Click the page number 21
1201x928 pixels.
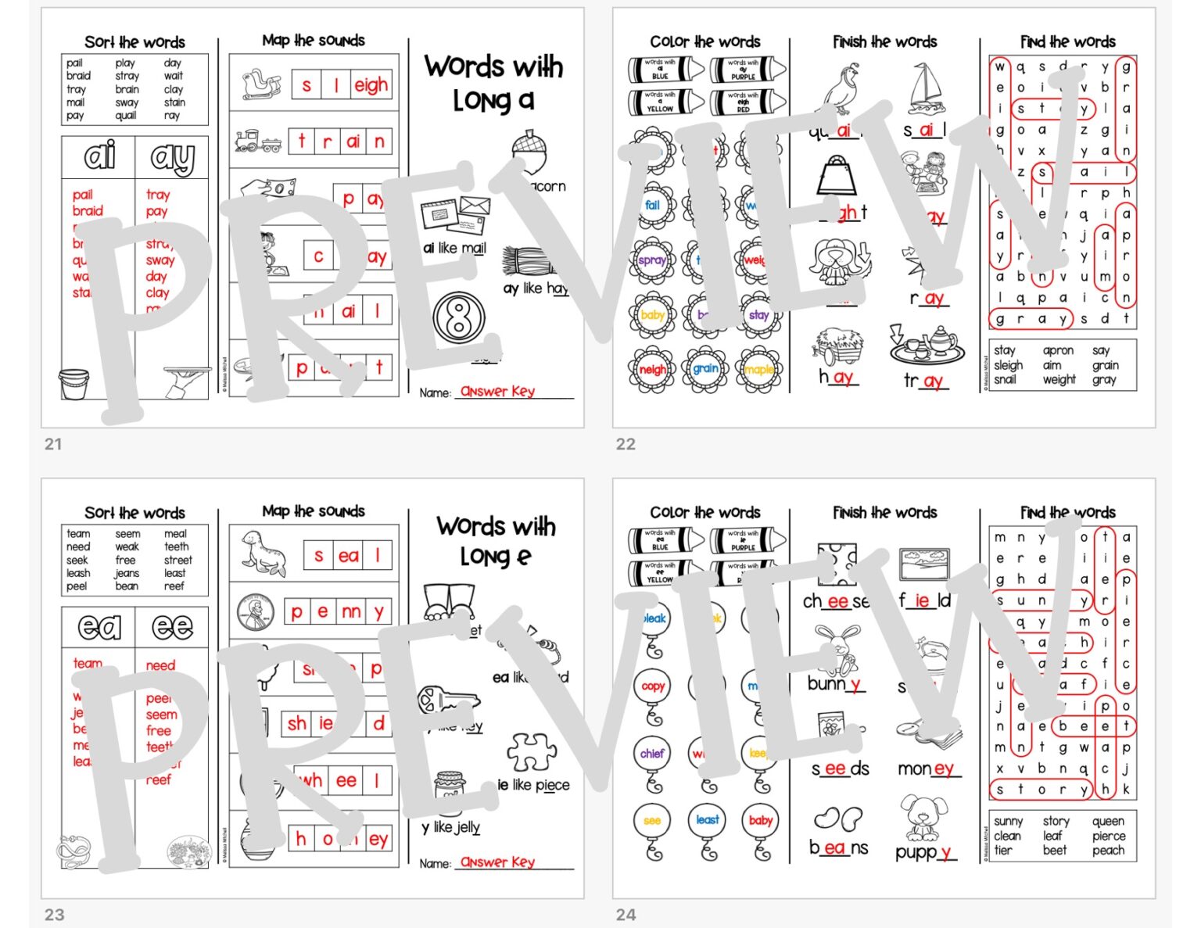pos(53,444)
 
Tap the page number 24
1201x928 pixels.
pos(626,914)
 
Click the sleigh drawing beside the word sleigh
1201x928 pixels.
pos(261,84)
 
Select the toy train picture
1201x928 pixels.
pos(258,142)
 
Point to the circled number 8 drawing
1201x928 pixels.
pos(459,318)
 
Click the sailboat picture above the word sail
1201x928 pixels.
pos(927,88)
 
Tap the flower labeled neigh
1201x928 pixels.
pos(652,369)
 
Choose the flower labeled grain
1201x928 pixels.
pos(705,368)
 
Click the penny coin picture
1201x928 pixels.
pos(256,612)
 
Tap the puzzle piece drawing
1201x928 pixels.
pos(532,753)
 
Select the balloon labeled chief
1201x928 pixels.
pos(652,754)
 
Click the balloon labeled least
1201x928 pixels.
pos(707,820)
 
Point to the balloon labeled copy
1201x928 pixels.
pos(652,686)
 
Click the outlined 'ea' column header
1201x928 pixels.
pos(99,627)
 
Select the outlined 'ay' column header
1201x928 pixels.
pos(172,157)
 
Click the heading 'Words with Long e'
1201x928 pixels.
pos(496,539)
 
